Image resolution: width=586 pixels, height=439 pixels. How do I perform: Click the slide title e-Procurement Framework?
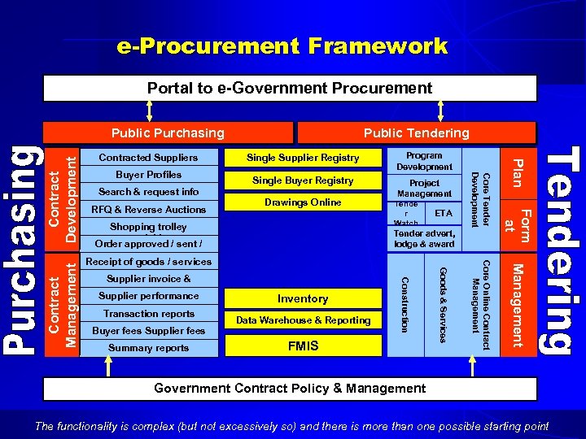[282, 46]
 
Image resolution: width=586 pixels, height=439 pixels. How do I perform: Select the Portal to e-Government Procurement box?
[290, 88]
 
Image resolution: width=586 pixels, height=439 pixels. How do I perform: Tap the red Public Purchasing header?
[168, 133]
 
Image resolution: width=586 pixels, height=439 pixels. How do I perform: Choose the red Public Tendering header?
[416, 133]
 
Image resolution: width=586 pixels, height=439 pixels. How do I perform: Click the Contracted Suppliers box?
[148, 157]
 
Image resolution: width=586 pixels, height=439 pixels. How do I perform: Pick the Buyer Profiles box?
[148, 175]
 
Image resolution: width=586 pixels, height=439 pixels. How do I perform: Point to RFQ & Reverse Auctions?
[148, 209]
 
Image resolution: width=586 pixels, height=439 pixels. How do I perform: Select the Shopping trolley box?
[148, 227]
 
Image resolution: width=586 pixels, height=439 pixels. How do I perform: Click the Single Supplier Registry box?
[303, 157]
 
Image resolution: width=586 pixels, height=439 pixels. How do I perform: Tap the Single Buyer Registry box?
[303, 180]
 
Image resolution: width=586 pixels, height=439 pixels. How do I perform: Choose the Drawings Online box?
[303, 202]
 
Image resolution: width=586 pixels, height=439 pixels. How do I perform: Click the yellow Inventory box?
[303, 298]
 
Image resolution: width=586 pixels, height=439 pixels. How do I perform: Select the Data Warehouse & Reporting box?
[303, 320]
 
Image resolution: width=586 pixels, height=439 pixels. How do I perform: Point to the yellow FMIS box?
[303, 346]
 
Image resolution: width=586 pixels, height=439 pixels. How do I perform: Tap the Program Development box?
[424, 160]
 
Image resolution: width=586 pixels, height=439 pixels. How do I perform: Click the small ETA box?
[444, 213]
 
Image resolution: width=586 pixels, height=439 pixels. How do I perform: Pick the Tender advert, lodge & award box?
[424, 239]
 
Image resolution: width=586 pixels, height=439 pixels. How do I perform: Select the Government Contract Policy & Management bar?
[290, 388]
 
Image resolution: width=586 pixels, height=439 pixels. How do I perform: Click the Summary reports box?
[148, 348]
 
